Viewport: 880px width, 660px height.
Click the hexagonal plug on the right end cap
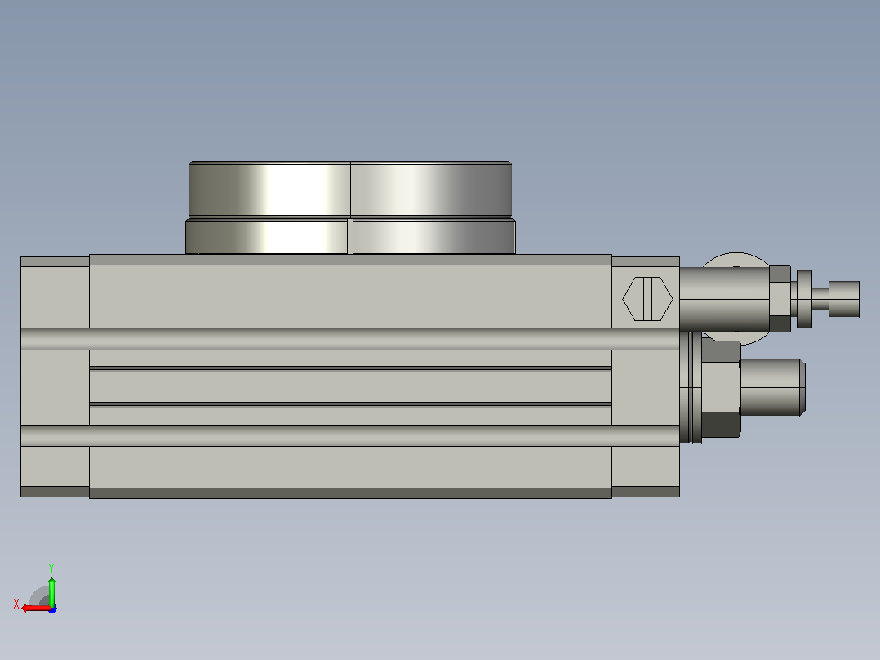[647, 299]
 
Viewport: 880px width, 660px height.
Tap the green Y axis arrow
[51, 591]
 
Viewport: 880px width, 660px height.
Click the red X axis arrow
[36, 609]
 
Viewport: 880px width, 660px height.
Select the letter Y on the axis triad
[51, 568]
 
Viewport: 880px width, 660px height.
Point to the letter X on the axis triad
[16, 604]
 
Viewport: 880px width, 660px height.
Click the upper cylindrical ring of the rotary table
[350, 190]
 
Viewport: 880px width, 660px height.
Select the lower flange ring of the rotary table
[350, 237]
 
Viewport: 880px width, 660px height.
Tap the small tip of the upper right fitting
[844, 299]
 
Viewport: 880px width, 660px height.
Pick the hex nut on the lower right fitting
[721, 390]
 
